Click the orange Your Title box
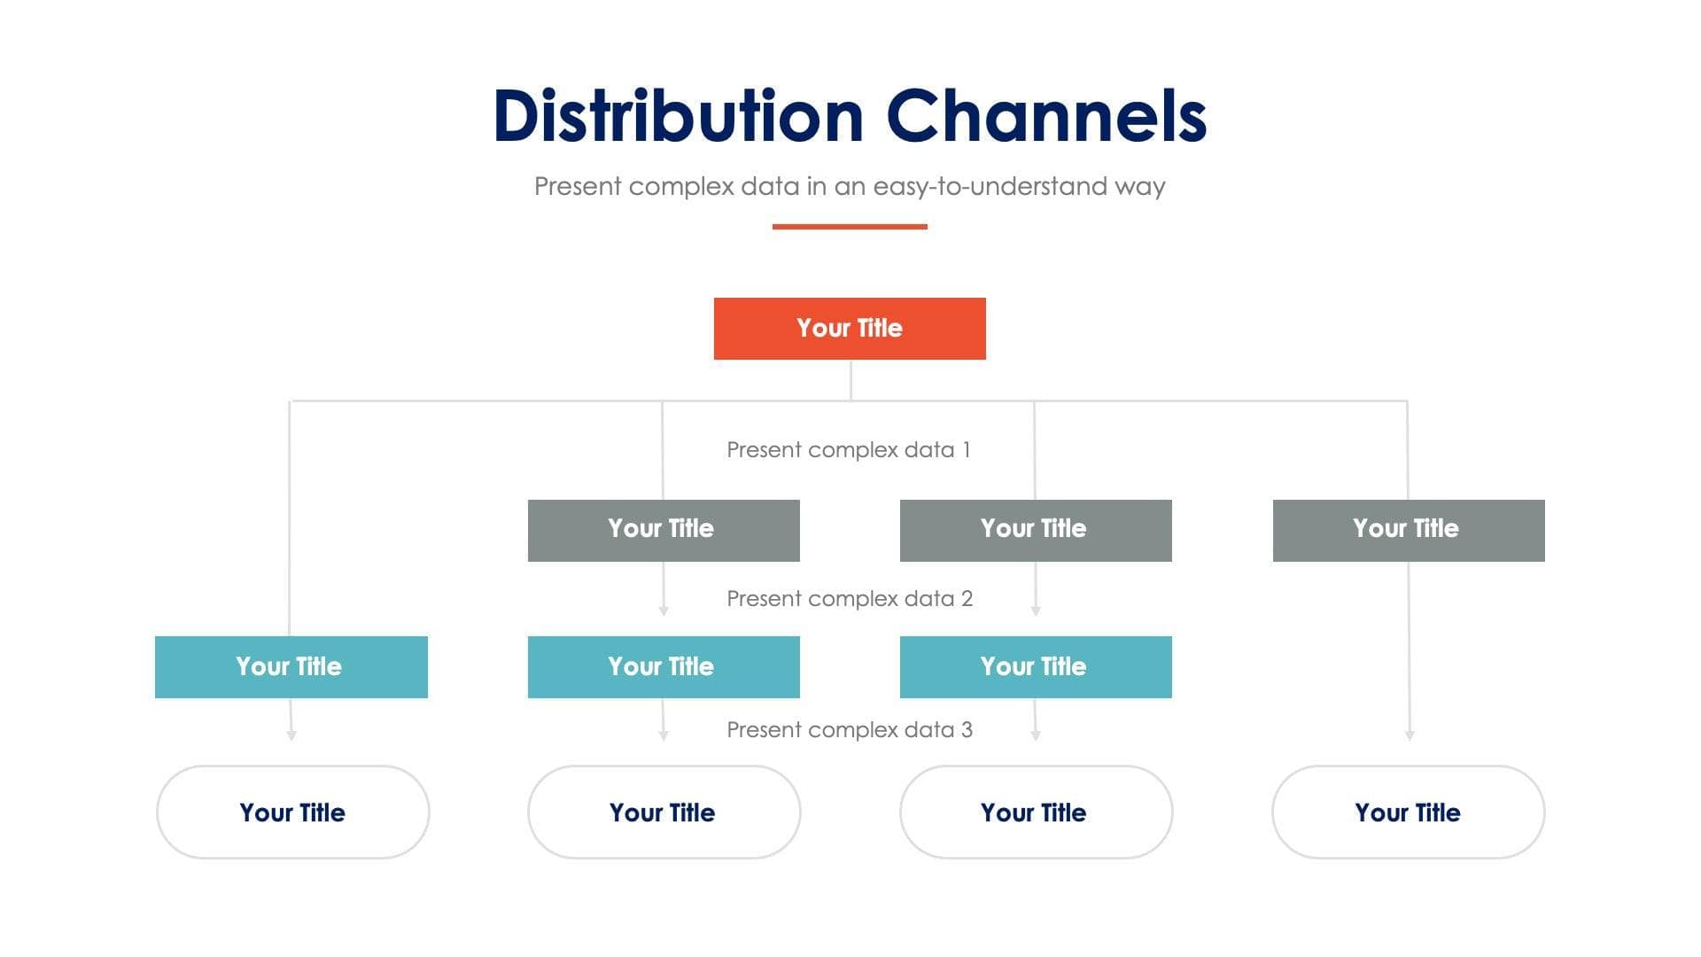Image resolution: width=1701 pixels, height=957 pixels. pyautogui.click(x=850, y=329)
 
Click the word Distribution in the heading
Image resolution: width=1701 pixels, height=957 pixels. pyautogui.click(x=678, y=116)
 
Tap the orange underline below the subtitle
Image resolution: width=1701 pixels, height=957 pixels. pyautogui.click(x=850, y=227)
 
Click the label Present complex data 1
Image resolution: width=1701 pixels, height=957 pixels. pyautogui.click(x=849, y=450)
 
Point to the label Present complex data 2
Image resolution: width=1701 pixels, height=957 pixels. pyautogui.click(x=849, y=599)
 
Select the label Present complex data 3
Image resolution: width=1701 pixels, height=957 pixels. pyautogui.click(x=849, y=730)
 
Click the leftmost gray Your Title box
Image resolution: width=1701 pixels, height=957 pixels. pyautogui.click(x=664, y=530)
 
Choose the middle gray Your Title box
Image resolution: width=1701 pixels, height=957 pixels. pyautogui.click(x=1036, y=530)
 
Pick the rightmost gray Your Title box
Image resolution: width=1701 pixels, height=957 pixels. pyautogui.click(x=1409, y=530)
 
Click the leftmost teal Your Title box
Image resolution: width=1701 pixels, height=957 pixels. pyautogui.click(x=291, y=666)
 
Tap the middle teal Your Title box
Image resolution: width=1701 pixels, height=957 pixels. pyautogui.click(x=664, y=666)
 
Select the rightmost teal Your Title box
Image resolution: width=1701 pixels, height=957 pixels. pyautogui.click(x=1036, y=666)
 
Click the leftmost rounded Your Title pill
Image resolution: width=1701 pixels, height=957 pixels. pyautogui.click(x=292, y=812)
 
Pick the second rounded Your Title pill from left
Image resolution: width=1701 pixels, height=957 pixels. pyautogui.click(x=664, y=812)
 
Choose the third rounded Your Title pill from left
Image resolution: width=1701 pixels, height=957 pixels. pyautogui.click(x=1036, y=812)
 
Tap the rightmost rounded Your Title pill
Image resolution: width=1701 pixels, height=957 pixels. pyautogui.click(x=1408, y=812)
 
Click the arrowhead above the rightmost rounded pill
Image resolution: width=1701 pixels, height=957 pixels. pyautogui.click(x=1410, y=735)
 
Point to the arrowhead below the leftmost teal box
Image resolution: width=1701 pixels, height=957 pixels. pyautogui.click(x=291, y=735)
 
